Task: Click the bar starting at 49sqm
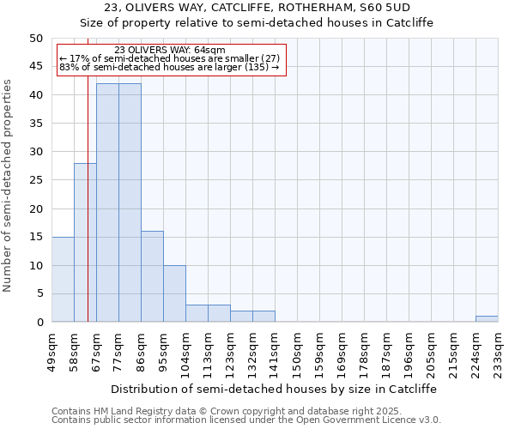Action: [x=63, y=279]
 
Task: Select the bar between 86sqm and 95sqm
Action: [x=152, y=276]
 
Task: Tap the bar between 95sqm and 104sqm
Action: [x=174, y=293]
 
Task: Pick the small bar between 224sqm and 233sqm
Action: [x=487, y=319]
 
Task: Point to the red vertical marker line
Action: [x=88, y=214]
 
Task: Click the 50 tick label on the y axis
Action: [x=36, y=39]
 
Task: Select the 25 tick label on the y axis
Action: [x=36, y=180]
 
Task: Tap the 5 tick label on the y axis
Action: [x=39, y=293]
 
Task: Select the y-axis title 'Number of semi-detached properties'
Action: [x=9, y=185]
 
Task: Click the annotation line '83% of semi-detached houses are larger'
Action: [x=169, y=67]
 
